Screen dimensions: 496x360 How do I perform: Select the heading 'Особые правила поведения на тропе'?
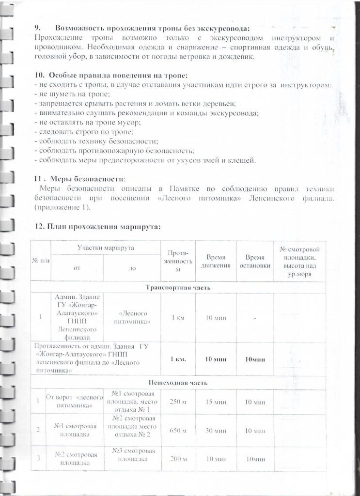pos(118,76)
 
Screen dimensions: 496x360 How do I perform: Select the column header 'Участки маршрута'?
pos(106,248)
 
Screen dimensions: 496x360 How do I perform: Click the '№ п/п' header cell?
pos(41,261)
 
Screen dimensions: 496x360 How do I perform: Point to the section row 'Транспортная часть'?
pos(178,287)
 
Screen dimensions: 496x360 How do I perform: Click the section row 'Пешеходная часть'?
pos(178,383)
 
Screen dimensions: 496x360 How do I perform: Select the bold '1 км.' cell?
pos(178,359)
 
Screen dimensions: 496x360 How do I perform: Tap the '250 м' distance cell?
pos(178,402)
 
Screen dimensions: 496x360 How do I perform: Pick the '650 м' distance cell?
pos(178,431)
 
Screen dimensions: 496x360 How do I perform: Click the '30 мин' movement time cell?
pos(216,431)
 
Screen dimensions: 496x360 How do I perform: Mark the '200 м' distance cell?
pos(178,459)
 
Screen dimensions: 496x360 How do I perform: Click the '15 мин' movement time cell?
pos(216,402)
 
